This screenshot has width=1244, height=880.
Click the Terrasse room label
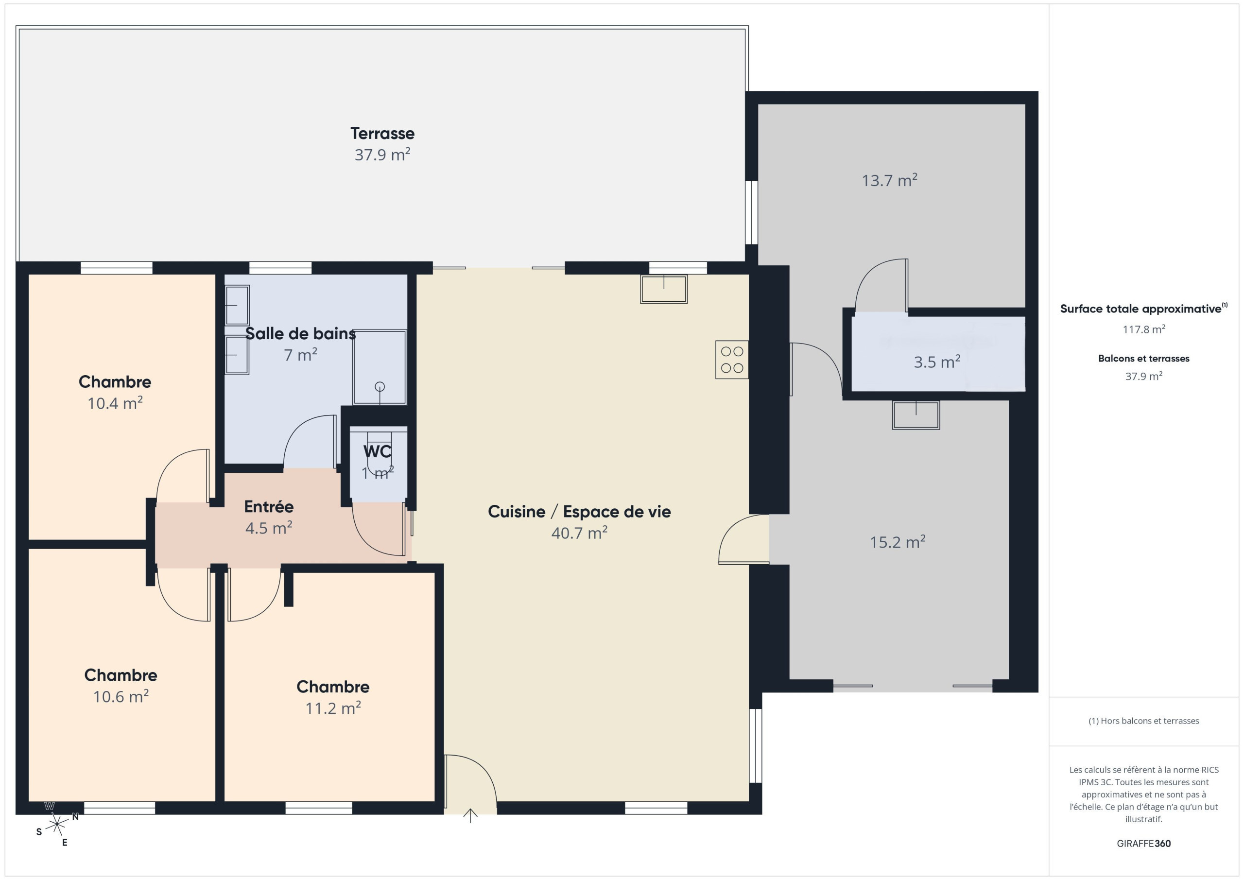382,133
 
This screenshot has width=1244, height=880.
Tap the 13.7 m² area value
889,180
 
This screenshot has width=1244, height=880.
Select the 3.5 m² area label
937,362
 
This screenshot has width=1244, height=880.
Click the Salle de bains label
301,333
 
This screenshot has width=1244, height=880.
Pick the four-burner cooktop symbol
732,360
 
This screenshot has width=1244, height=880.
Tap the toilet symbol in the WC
379,453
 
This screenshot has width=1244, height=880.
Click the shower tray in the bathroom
380,367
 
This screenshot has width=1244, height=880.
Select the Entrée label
269,507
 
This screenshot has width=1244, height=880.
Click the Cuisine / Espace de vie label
579,512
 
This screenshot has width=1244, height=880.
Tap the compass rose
57,825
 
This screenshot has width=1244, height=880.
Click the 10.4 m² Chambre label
115,382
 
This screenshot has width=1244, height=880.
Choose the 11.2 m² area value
333,708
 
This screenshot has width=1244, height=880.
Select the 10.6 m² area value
121,696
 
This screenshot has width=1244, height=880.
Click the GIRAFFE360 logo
1143,844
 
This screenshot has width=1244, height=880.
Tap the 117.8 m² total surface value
1143,329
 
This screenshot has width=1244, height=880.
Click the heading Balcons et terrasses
1143,359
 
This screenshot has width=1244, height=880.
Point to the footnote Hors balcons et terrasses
1143,721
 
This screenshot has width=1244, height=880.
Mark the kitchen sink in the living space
664,289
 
